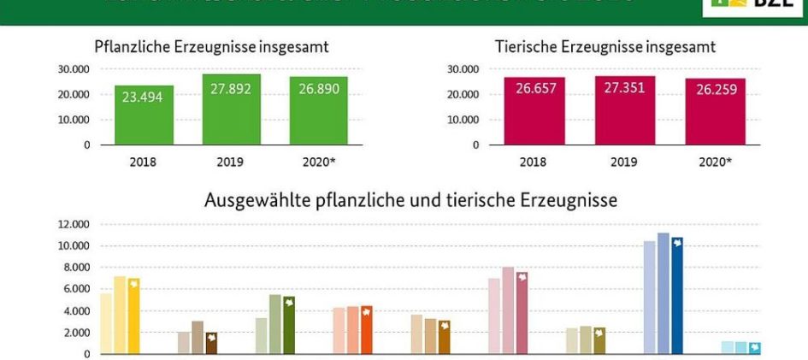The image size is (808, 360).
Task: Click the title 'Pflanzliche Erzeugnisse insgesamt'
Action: pos(211,46)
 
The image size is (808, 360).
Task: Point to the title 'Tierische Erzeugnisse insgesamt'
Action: pos(605,46)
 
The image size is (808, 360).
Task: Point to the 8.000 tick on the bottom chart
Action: pos(76,268)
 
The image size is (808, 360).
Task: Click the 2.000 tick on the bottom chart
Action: pos(76,333)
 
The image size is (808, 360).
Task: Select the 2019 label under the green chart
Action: pos(231,160)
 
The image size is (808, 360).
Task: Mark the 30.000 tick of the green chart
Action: pos(75,68)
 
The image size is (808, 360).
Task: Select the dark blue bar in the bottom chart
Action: pos(677,295)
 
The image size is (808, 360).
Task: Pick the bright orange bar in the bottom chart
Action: pos(367,329)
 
